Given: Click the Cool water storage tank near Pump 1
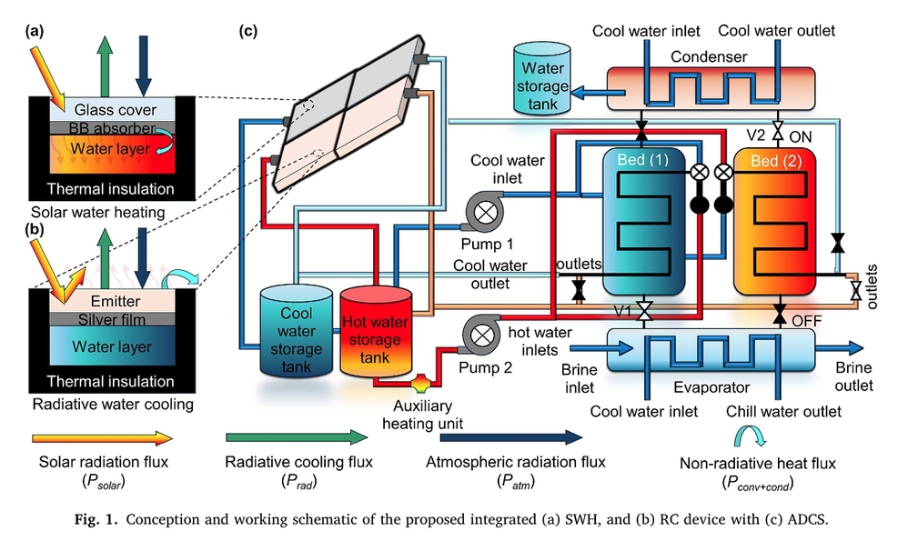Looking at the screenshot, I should (x=297, y=335).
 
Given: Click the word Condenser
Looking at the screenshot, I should (x=708, y=56).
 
